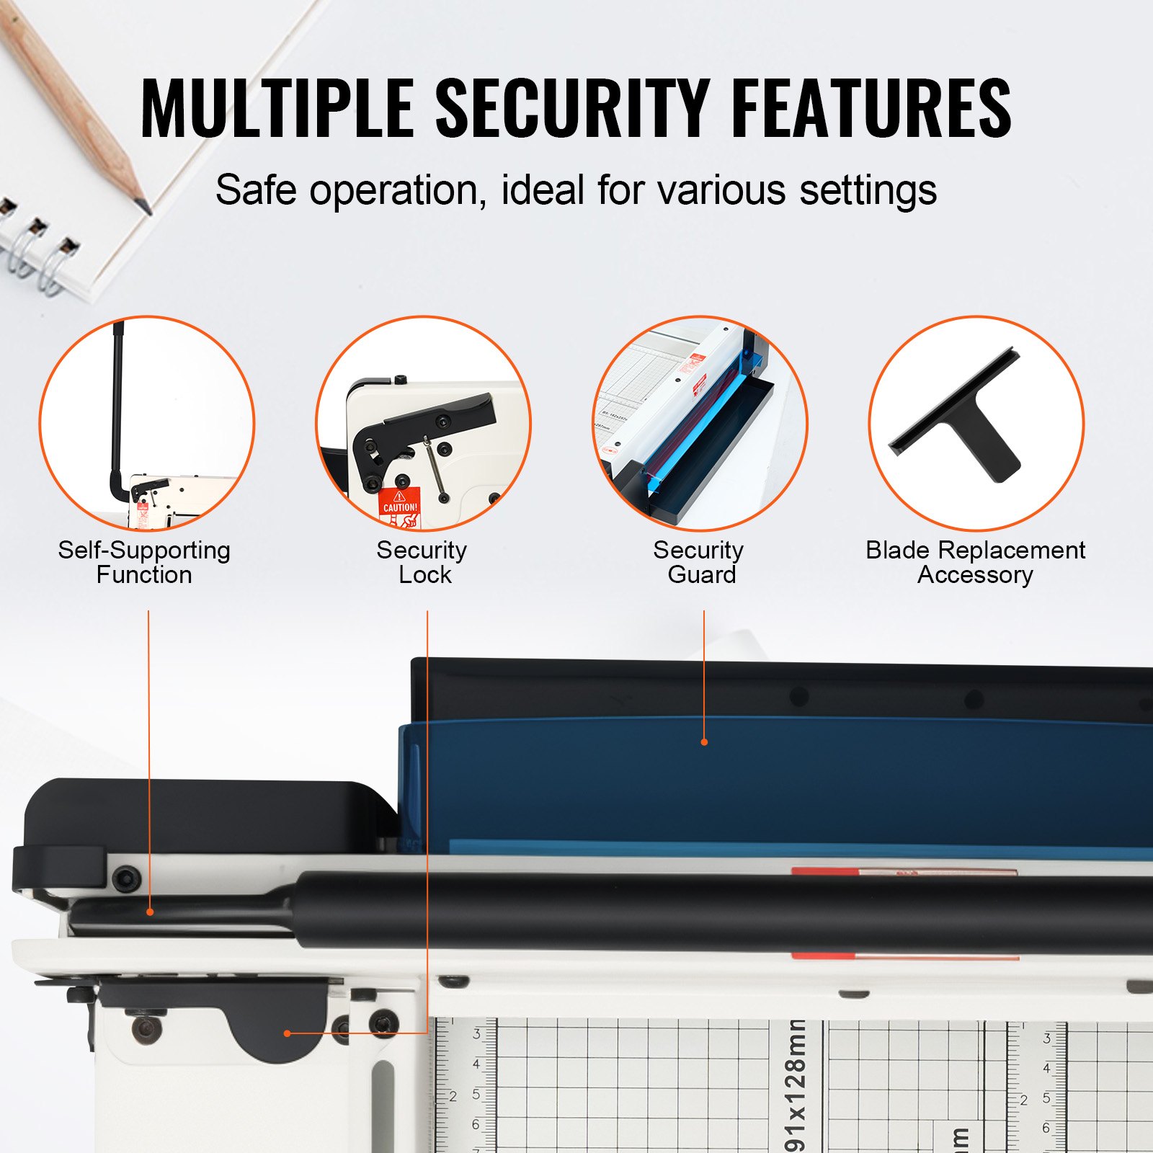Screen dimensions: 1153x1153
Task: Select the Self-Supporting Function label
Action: (x=144, y=562)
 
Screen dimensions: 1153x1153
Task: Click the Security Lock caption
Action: (x=422, y=562)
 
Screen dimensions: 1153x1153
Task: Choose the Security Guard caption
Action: (x=699, y=562)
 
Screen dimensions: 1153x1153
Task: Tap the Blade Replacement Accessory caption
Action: (x=975, y=562)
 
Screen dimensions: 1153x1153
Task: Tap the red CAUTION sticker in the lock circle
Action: (x=399, y=504)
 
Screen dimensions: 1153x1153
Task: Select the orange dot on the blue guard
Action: (x=704, y=742)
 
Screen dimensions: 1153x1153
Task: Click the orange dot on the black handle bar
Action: (x=150, y=912)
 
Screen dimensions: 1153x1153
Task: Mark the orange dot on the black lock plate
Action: (x=288, y=1033)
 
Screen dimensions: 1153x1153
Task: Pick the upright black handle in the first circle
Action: (x=117, y=404)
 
